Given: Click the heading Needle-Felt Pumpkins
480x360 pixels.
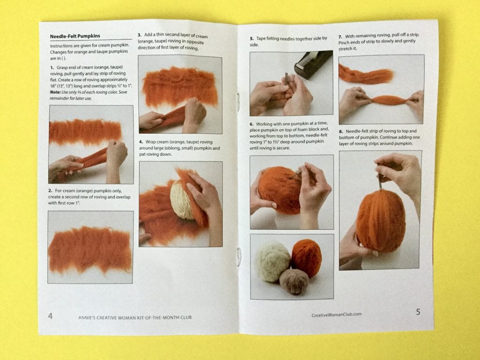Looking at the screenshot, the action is pos(75,36).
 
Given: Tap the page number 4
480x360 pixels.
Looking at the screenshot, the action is pos(50,315).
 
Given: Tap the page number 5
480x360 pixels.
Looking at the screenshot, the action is pos(418,312).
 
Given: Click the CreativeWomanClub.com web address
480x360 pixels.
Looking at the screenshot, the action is pos(337,315).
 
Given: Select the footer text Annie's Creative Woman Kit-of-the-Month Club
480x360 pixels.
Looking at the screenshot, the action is pos(135,317).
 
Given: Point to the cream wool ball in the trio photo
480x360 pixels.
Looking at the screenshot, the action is pos(272,262).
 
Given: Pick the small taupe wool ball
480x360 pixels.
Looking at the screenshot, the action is pos(294,281).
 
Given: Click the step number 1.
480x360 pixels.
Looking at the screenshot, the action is pos(52,67).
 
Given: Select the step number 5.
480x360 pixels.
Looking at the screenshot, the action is pos(252,39).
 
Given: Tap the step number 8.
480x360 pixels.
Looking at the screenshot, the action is pos(341,132).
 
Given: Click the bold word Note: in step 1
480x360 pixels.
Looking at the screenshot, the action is pos(55,92).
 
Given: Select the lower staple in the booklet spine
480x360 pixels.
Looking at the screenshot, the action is pos(239,257).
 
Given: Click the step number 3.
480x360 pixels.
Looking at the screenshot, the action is pos(140,35).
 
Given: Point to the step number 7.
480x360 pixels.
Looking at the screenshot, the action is pos(340,37).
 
